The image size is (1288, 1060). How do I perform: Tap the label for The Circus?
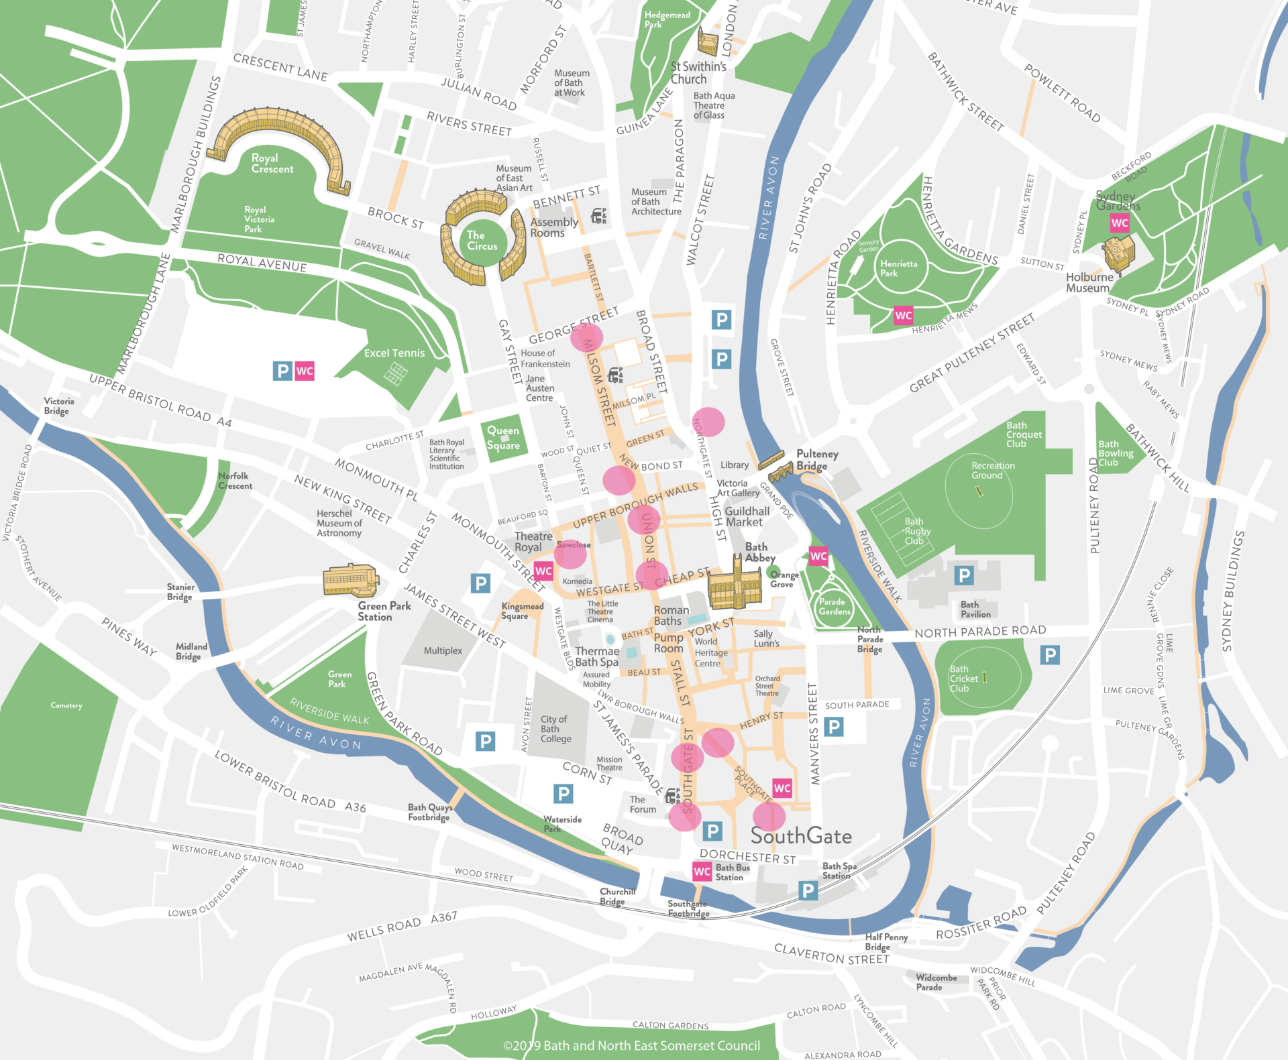482,241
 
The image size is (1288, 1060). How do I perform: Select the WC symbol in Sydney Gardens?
1119,223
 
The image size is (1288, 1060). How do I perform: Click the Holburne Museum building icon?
1119,253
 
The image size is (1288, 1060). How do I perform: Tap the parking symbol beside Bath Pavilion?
964,575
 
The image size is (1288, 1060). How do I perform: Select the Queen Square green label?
503,438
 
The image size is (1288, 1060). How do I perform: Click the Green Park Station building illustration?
350,581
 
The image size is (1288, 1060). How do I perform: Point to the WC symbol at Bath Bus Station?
702,871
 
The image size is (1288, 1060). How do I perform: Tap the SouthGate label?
801,836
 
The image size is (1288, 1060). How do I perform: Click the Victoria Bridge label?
58,406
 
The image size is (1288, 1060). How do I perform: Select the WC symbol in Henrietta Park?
903,315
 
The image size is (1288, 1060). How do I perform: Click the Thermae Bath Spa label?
596,656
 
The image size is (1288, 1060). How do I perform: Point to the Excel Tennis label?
394,353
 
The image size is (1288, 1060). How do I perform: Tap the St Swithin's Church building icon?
708,42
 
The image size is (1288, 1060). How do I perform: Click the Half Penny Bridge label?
885,941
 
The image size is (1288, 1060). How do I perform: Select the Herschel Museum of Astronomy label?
339,523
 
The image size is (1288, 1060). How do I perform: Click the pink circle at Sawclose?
571,554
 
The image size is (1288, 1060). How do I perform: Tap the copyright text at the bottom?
631,1045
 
